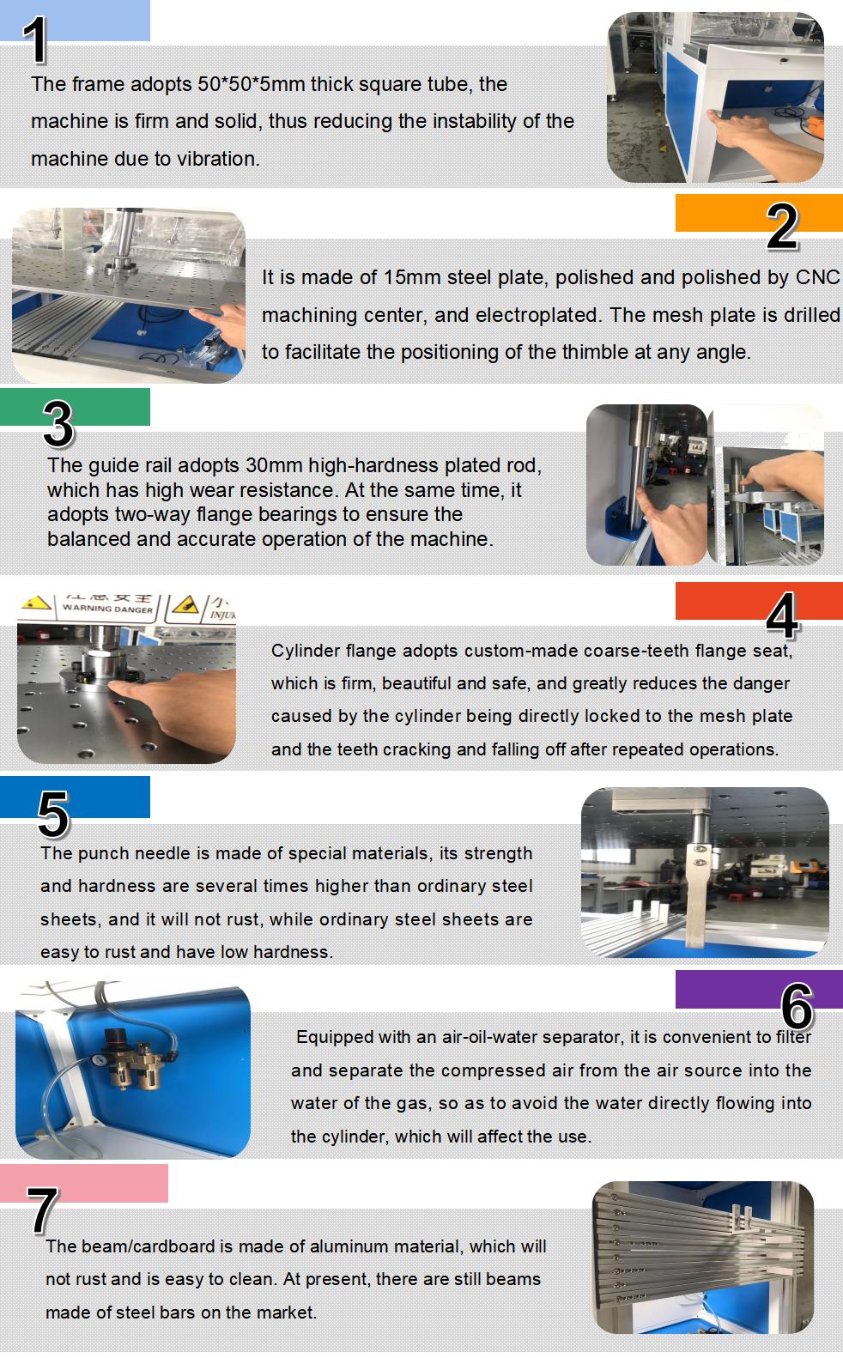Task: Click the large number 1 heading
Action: tap(37, 40)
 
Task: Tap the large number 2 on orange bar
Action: tap(782, 227)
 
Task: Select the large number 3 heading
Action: tap(58, 423)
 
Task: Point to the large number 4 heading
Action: tap(782, 615)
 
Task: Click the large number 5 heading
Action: tap(53, 814)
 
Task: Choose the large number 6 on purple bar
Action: tap(797, 1005)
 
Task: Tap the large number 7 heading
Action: tap(43, 1209)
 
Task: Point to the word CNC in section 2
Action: tap(817, 277)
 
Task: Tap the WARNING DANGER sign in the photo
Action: tap(107, 608)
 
